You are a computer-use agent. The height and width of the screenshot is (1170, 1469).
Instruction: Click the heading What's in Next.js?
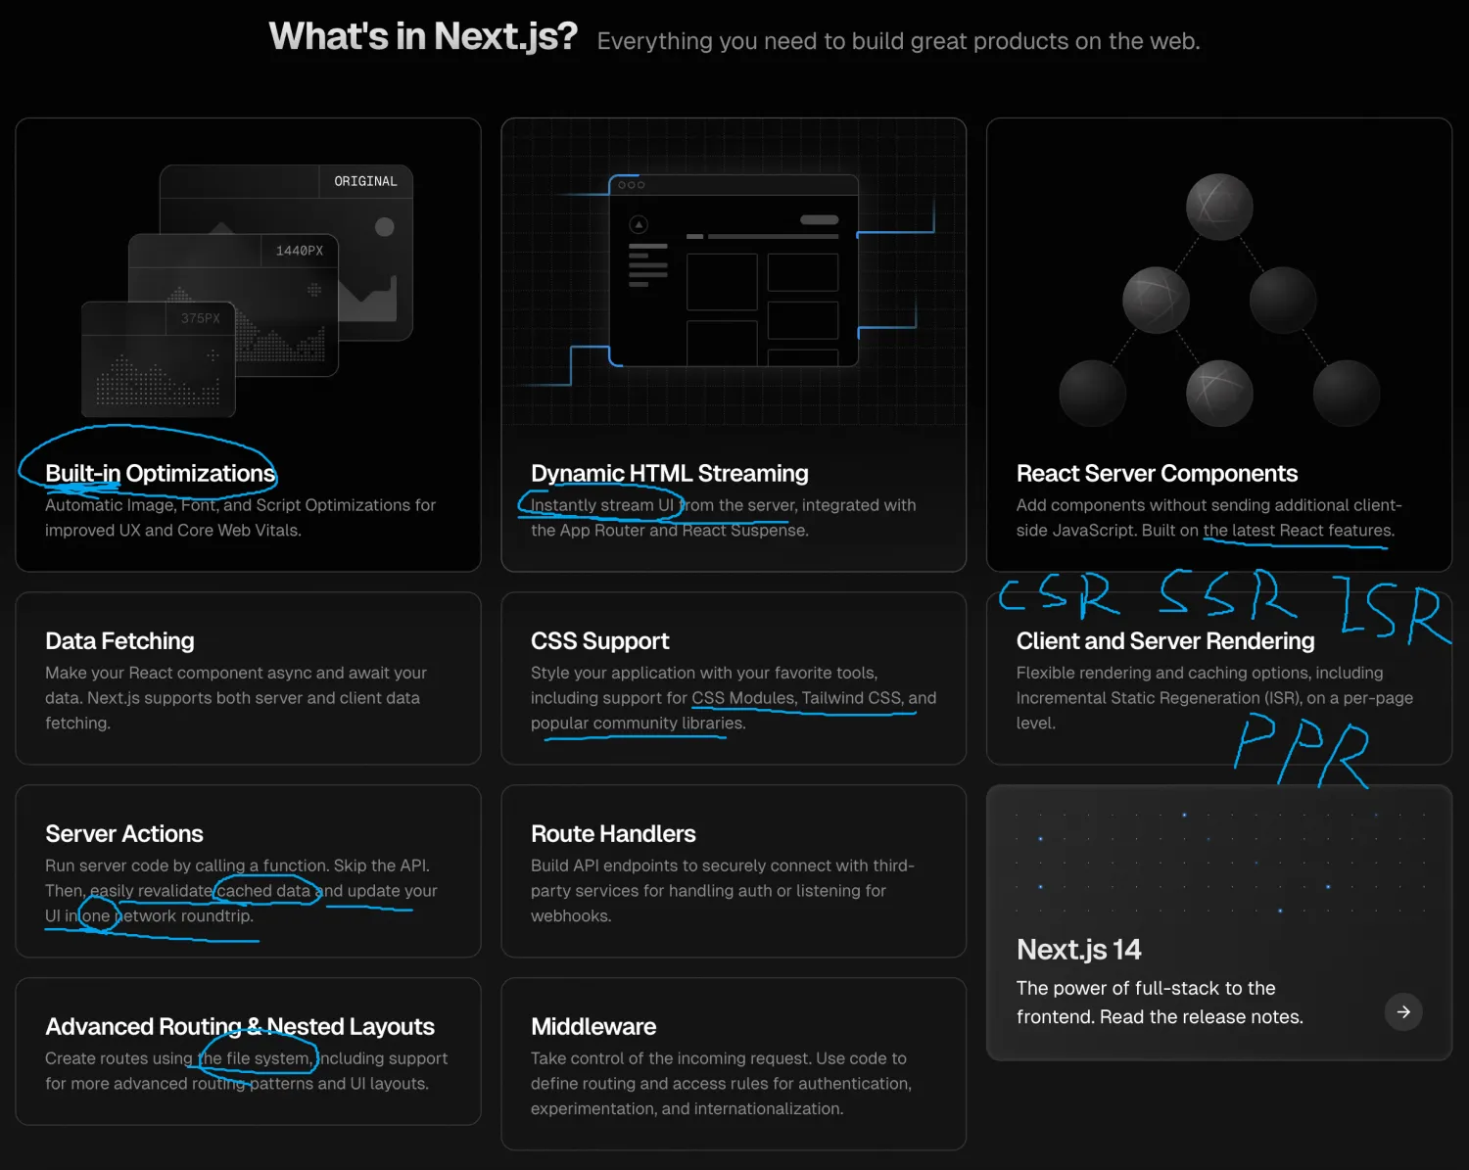click(x=423, y=36)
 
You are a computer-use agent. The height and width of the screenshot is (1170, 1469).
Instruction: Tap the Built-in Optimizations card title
click(x=160, y=473)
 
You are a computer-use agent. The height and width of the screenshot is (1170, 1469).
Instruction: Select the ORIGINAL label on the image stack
click(x=365, y=181)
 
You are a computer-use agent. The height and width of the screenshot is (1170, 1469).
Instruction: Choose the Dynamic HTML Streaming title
click(x=670, y=473)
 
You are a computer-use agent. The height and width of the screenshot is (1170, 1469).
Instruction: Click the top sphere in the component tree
click(x=1219, y=207)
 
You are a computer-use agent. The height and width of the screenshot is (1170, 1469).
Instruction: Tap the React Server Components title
click(x=1157, y=473)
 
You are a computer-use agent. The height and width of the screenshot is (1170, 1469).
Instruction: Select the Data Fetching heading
click(x=119, y=641)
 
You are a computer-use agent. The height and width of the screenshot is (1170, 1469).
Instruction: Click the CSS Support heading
click(x=600, y=641)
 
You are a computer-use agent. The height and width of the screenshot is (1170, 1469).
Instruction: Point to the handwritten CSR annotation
click(x=1058, y=594)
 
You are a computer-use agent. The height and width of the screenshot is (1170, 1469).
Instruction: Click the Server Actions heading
click(x=124, y=833)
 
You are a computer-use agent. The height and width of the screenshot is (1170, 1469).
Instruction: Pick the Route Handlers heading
click(x=613, y=833)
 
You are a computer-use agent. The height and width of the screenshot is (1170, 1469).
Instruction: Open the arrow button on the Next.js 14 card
click(x=1403, y=1011)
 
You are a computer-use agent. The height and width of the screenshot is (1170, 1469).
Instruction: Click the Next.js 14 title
click(x=1078, y=950)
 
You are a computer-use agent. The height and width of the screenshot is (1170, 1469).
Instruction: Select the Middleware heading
click(x=593, y=1027)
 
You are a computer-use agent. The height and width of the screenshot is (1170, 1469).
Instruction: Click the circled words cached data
click(x=263, y=890)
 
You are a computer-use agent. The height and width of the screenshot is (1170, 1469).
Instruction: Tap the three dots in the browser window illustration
click(x=631, y=185)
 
